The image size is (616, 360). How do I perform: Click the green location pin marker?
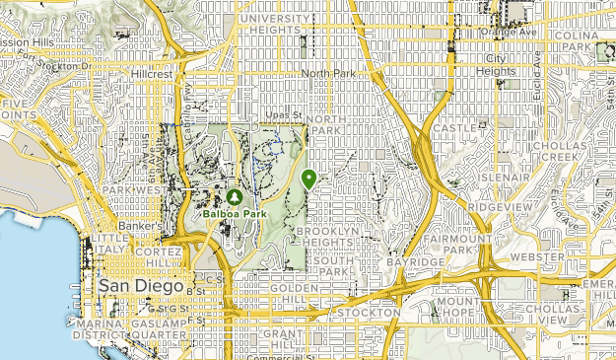[309, 179]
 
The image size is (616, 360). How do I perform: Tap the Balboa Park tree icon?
[233, 196]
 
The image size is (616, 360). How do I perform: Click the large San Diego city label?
[141, 286]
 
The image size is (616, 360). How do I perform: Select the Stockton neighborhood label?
[367, 313]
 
